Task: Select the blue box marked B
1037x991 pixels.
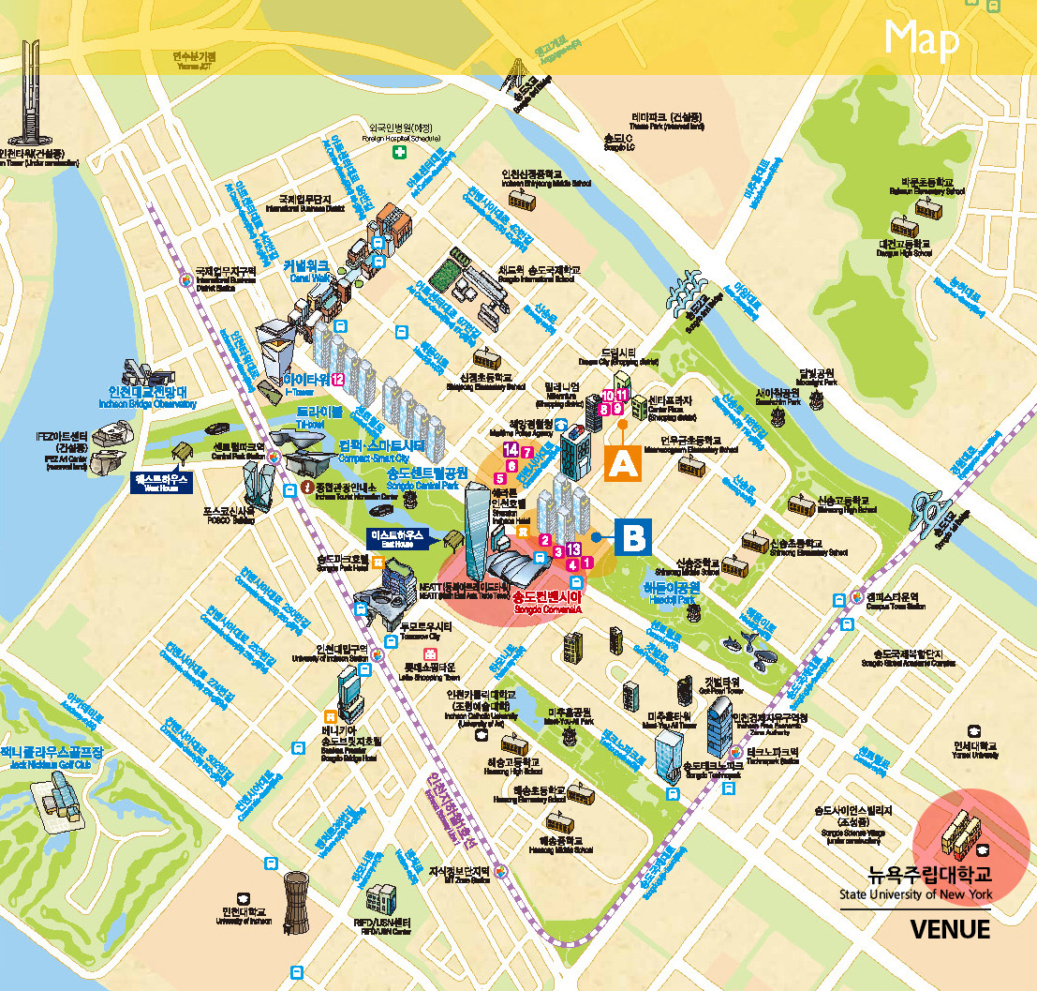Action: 633,537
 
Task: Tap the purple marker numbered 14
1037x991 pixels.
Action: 511,451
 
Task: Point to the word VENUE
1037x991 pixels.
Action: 950,929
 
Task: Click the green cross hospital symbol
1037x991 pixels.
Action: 400,152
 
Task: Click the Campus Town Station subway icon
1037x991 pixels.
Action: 858,596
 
